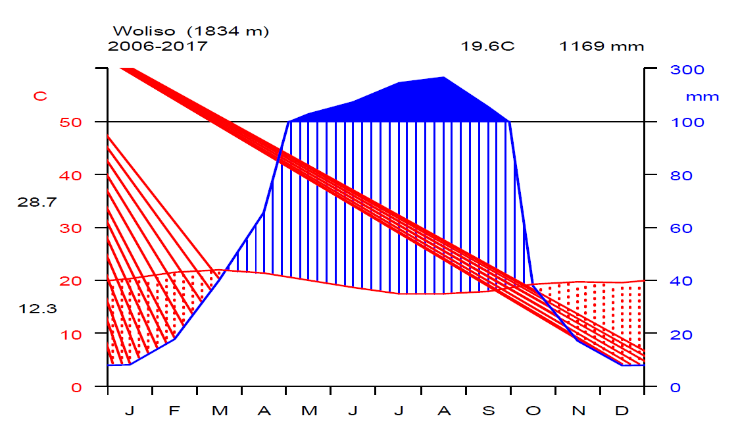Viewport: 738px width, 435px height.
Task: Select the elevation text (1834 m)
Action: point(228,31)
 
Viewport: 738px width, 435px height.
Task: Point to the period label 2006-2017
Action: point(157,46)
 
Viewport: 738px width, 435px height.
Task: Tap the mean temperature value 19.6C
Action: point(487,46)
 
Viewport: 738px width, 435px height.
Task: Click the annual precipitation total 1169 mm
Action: point(602,46)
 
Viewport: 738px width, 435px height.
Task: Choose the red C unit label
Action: point(40,96)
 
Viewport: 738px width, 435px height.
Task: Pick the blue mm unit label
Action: point(702,97)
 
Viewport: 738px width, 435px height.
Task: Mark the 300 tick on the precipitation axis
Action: point(687,69)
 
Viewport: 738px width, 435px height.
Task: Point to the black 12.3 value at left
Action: point(37,308)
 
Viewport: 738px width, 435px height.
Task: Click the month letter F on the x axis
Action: point(174,411)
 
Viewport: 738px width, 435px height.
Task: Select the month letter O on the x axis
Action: point(533,411)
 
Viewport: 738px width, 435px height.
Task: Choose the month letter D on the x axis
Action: point(622,411)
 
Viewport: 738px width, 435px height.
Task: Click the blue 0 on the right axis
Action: point(675,388)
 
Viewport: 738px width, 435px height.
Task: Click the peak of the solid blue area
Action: point(444,78)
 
